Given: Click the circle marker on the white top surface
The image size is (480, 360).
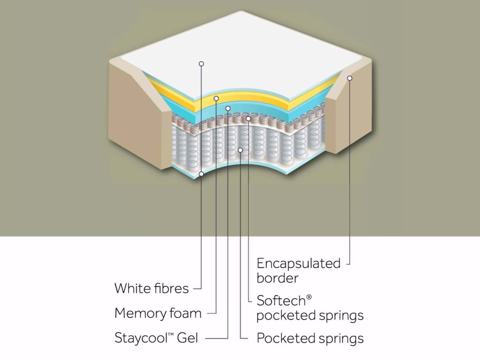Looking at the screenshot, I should point(201,64).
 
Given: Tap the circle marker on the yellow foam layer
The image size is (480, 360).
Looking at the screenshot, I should point(216,98).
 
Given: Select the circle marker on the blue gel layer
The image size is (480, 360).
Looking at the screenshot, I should point(228,108).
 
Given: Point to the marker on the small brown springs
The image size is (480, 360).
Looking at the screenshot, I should point(248,118).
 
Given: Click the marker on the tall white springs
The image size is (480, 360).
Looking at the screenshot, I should point(240,150).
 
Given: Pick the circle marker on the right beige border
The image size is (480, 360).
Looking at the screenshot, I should point(350,78).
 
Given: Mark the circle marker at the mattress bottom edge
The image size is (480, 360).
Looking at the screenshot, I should point(201,174).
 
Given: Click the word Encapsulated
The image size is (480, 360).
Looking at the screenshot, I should point(298,264).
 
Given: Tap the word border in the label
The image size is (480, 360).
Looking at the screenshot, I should point(277,278).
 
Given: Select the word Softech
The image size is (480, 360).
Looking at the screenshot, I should point(281,300).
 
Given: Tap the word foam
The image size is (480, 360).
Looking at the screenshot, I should point(185,313).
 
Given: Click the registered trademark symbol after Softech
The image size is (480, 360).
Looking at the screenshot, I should point(309,297).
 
